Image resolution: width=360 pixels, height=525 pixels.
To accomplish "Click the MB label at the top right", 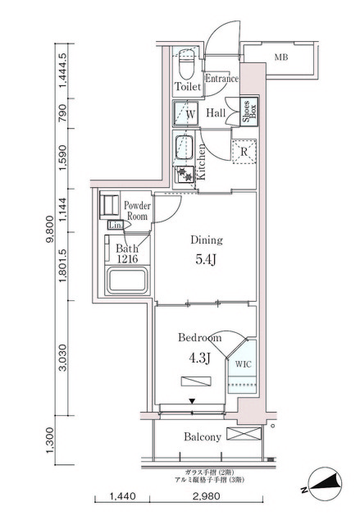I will tap(281, 57).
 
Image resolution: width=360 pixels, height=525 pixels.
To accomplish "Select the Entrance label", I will tap(221, 79).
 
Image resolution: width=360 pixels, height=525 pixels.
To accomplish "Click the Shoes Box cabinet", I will tap(244, 112).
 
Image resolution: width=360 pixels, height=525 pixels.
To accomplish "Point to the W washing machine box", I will tap(188, 114).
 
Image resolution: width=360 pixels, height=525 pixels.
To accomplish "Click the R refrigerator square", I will tap(243, 151).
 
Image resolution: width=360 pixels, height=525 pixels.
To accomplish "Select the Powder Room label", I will tap(136, 211).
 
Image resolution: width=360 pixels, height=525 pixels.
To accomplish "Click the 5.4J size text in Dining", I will tap(206, 261).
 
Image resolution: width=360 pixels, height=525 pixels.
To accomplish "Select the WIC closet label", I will tap(243, 362).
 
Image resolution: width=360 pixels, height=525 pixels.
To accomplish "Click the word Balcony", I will tap(202, 437).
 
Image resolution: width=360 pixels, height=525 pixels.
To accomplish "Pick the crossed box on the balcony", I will tap(243, 435).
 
